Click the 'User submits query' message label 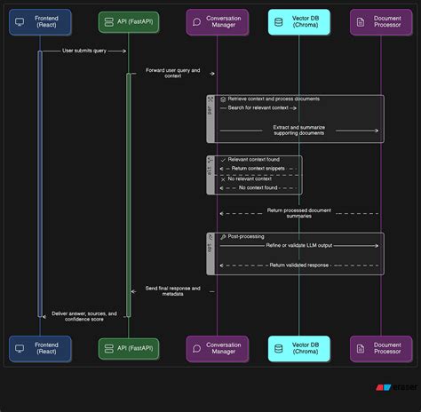point(84,51)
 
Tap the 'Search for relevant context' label point(258,107)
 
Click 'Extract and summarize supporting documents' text point(299,130)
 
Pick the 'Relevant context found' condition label point(254,160)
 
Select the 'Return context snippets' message point(258,168)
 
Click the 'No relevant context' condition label point(250,179)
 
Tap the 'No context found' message point(258,187)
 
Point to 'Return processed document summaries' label point(299,213)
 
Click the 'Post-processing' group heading point(245,237)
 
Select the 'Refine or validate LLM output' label point(299,245)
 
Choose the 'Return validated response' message point(299,265)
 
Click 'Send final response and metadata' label point(173,290)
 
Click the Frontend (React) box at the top point(40,21)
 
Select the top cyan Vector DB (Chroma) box point(298,21)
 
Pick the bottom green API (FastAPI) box point(129,348)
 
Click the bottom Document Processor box point(381,348)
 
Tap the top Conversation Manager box point(218,21)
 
